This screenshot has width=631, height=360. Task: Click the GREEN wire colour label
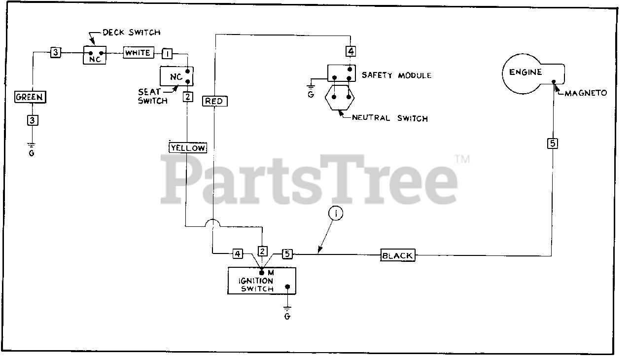click(30, 97)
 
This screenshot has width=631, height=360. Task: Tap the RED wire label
click(214, 101)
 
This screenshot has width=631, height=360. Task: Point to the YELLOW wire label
click(188, 147)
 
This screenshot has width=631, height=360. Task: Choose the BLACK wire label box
click(397, 255)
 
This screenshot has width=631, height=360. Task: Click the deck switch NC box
click(95, 55)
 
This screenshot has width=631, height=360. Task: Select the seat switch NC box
click(176, 76)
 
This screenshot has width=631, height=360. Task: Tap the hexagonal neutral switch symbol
click(341, 100)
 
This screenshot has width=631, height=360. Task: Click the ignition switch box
click(261, 281)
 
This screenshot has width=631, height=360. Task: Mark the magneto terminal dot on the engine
click(555, 82)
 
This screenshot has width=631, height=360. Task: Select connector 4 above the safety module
click(350, 51)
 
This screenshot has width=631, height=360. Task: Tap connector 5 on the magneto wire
click(553, 144)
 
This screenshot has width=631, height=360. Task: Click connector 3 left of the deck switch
click(56, 53)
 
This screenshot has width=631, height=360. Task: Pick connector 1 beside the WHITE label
click(168, 53)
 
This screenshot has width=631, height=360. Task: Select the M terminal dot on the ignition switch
click(261, 272)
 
